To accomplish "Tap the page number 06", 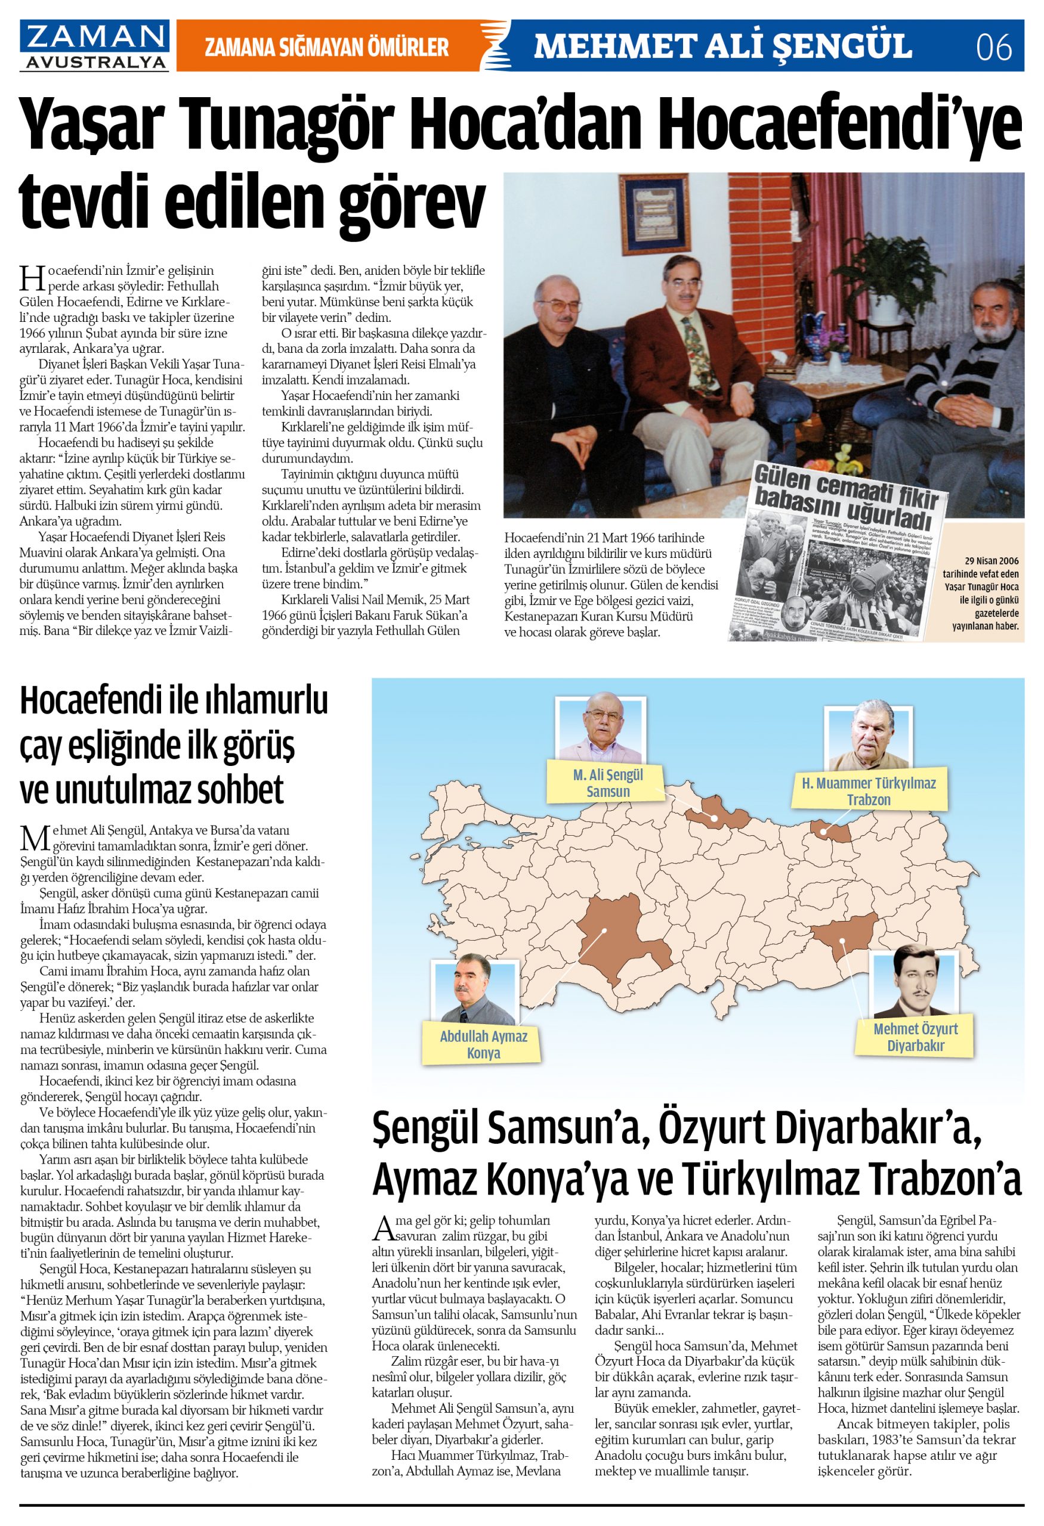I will tap(994, 46).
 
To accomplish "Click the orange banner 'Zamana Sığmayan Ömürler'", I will tap(326, 46).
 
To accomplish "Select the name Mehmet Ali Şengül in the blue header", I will tap(722, 46).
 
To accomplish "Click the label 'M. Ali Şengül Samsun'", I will tap(608, 783).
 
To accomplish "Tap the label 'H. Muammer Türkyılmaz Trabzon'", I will tap(868, 791).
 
